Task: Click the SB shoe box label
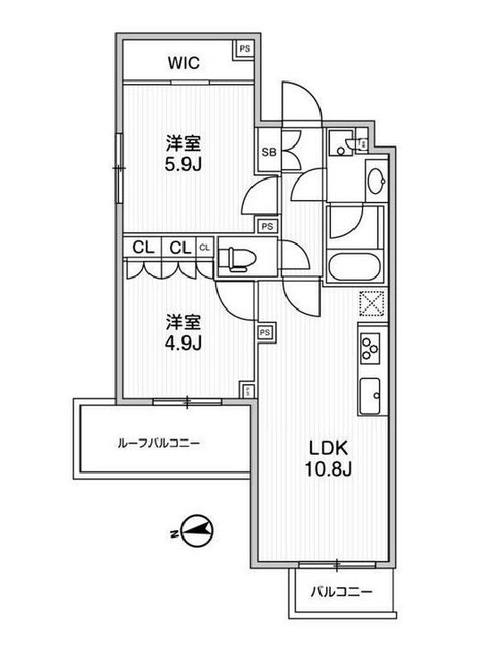tap(267, 152)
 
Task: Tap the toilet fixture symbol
tap(238, 257)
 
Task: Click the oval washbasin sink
tap(375, 181)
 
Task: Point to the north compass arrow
tap(198, 531)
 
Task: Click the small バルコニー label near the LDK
tap(341, 592)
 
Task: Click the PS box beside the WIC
tap(244, 50)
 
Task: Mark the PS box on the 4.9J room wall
tap(265, 332)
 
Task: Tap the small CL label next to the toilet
tap(205, 248)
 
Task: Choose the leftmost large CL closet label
tap(142, 248)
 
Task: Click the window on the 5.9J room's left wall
tap(116, 165)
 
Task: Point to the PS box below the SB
tap(266, 225)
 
